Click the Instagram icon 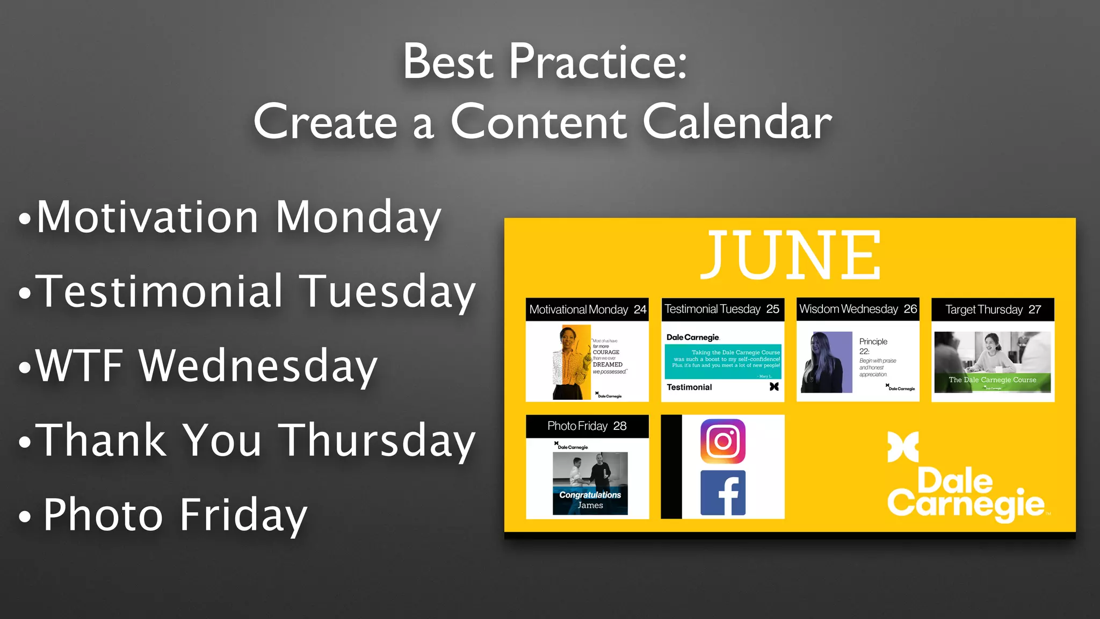(x=722, y=441)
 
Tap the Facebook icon (x=722, y=493)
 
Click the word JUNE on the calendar (x=790, y=255)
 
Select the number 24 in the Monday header (x=640, y=309)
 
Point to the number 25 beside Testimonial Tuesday (x=772, y=309)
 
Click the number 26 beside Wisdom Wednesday (x=910, y=309)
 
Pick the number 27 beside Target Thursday (x=1034, y=309)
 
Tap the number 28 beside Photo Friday (x=620, y=426)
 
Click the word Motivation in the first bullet (x=148, y=217)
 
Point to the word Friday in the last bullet (x=243, y=515)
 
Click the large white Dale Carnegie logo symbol (x=903, y=447)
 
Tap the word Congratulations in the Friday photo (x=590, y=495)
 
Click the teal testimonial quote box (x=722, y=361)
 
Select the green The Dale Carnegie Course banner (x=992, y=380)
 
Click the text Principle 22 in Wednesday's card (x=872, y=346)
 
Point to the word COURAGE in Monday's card (x=606, y=352)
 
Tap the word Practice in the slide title (x=597, y=62)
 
